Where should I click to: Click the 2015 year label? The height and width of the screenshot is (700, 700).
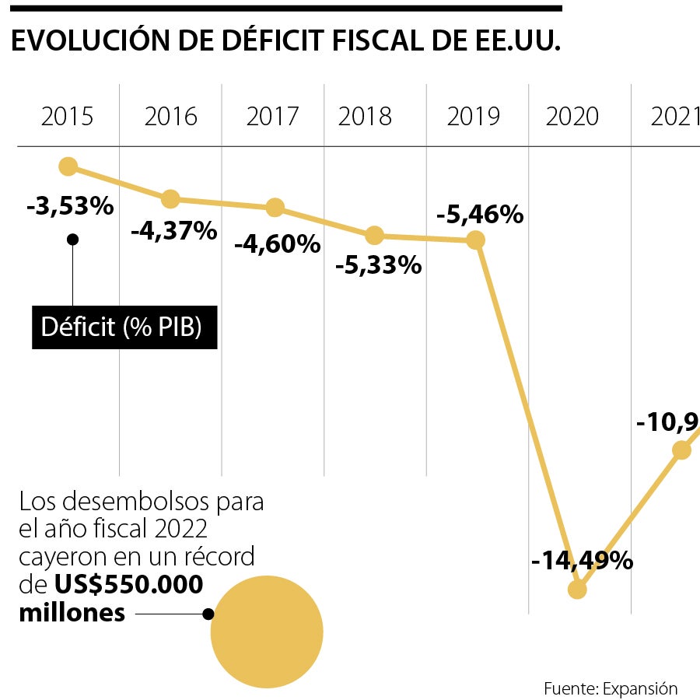67,117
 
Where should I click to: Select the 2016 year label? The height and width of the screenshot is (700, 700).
171,117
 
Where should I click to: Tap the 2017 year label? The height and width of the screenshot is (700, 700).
272,117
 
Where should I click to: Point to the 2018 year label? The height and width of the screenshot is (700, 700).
365,117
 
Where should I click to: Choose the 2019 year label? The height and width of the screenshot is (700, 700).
473,117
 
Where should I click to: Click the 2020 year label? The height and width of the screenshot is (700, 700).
572,117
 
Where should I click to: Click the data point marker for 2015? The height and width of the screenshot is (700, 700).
68,166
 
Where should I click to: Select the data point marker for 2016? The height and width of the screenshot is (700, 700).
170,199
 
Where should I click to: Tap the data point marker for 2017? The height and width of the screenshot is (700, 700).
275,208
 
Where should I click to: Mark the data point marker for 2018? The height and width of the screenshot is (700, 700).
375,235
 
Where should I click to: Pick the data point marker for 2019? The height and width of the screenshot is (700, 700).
476,240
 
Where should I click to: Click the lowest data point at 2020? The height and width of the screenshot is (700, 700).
576,590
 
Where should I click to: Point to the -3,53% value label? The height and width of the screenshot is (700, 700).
70,207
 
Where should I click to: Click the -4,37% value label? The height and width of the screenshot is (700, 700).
173,231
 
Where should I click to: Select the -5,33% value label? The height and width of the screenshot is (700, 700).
379,266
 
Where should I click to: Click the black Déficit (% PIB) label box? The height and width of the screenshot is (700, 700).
124,327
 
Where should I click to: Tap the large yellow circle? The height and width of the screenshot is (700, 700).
267,632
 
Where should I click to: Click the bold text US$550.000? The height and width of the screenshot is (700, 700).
128,585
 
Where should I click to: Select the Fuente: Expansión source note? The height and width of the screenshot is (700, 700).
611,688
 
